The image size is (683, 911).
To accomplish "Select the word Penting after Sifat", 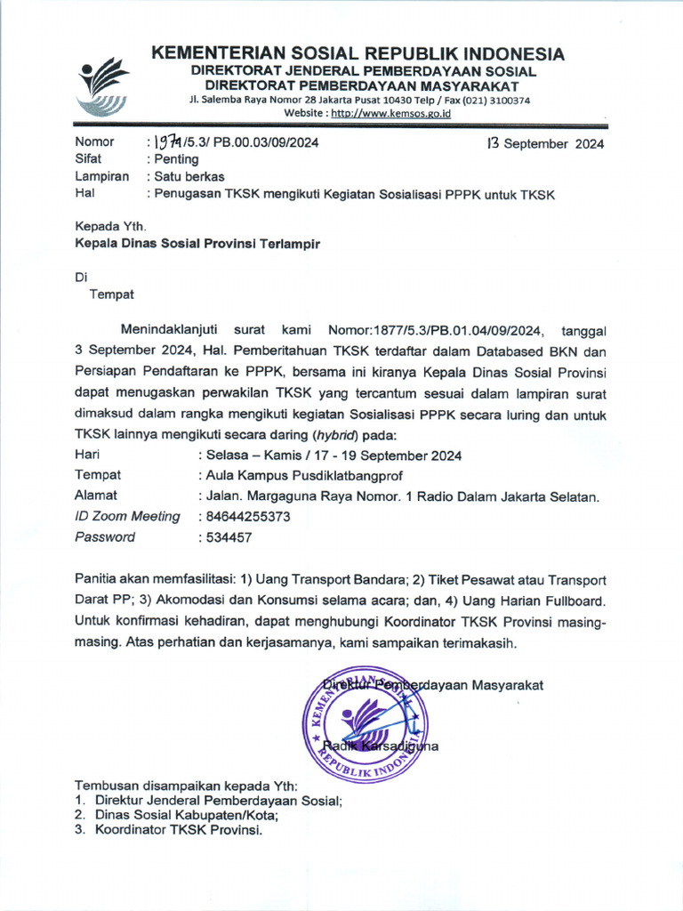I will (177, 159).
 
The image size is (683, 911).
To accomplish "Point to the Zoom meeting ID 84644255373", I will (246, 516).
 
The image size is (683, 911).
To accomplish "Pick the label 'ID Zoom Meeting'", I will (127, 516).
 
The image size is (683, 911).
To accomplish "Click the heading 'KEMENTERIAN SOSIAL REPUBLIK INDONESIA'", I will (358, 53).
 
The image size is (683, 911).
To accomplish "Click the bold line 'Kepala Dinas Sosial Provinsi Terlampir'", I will (197, 243).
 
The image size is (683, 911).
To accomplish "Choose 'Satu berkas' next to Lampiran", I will (189, 176).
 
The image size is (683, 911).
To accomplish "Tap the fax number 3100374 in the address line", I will (508, 101).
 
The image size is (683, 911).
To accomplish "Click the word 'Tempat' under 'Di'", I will (110, 293).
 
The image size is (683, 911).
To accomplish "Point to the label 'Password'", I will (105, 537).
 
